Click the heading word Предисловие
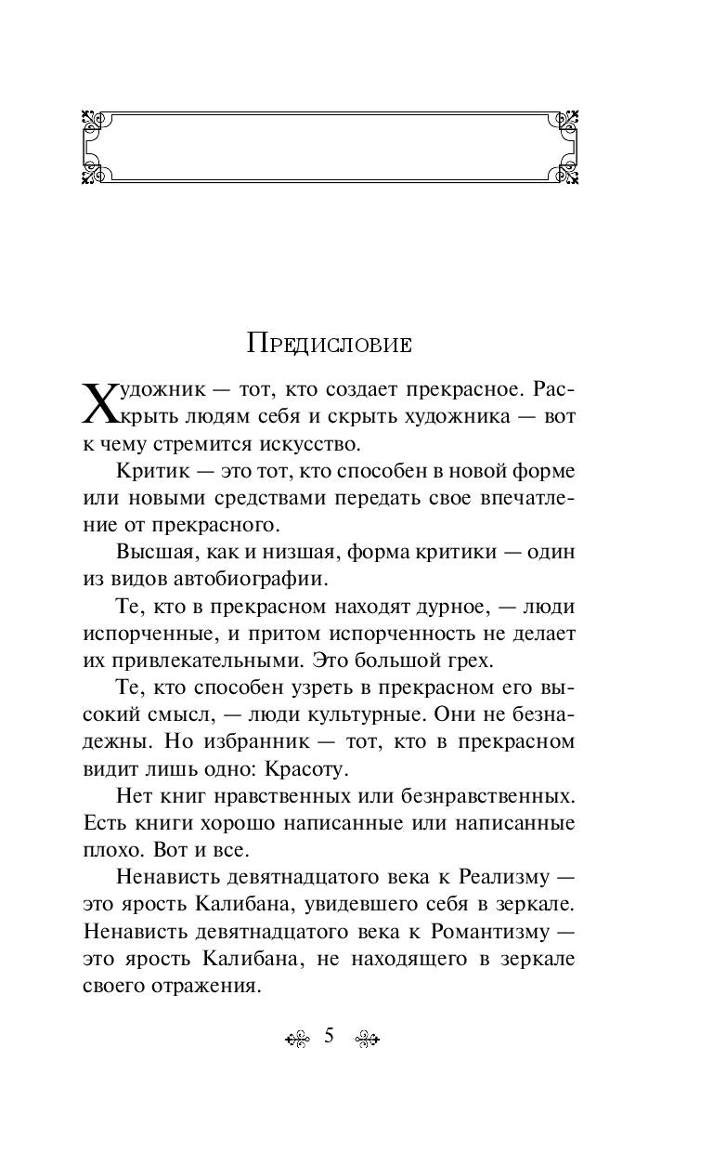[330, 343]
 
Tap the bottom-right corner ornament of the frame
[565, 172]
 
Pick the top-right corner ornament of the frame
[565, 121]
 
